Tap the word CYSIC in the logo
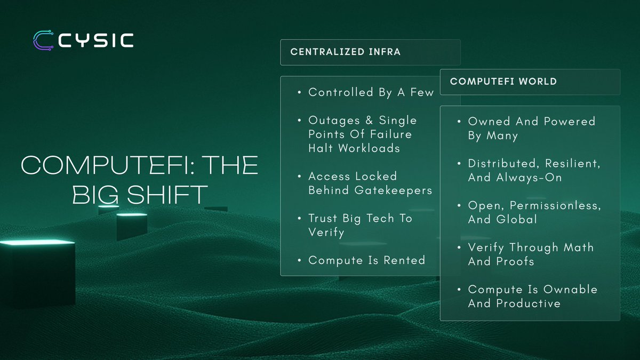96,41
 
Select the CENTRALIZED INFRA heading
346,52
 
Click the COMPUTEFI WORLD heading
503,82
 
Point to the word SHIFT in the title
167,195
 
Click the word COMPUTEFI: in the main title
105,165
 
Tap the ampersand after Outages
369,120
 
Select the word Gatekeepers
393,190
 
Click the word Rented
404,260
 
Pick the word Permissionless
555,205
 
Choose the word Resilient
573,163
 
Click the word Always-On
529,178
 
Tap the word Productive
529,303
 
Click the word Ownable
570,290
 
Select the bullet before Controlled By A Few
299,92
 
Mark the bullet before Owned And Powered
459,122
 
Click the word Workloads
369,148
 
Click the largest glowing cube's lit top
37,243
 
